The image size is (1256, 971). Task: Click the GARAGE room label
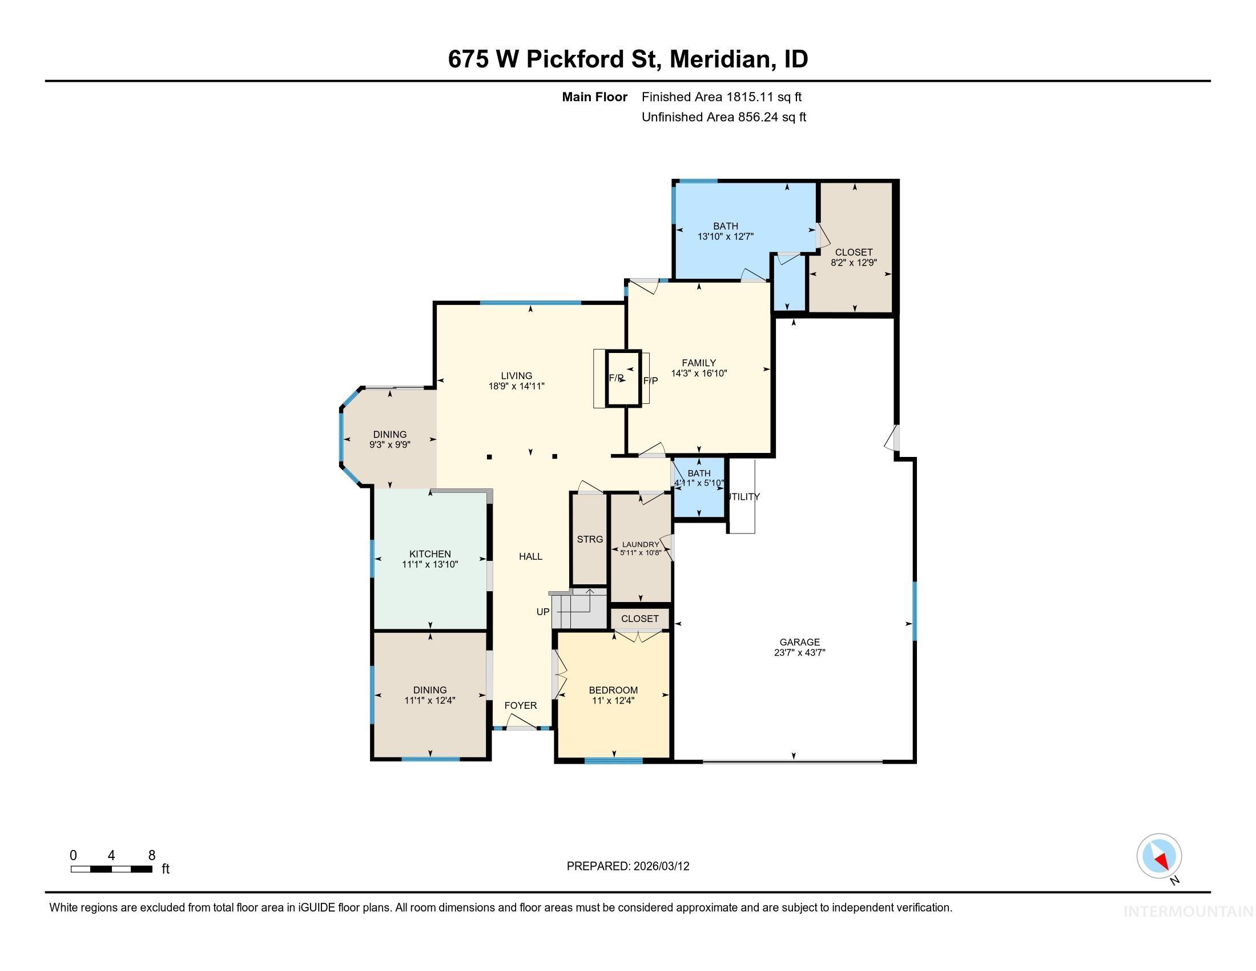(x=799, y=642)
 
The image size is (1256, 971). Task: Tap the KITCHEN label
(x=429, y=554)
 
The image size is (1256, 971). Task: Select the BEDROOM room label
(x=613, y=690)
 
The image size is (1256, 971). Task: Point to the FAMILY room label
(x=699, y=362)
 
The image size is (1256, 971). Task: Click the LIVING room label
(x=516, y=376)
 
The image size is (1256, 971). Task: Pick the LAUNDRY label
(x=641, y=544)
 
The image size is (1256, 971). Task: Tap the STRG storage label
(x=590, y=539)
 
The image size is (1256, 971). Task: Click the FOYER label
(x=521, y=705)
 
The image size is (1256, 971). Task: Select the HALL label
(x=530, y=556)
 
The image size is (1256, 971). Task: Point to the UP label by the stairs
(x=543, y=612)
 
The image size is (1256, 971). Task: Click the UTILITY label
(x=744, y=496)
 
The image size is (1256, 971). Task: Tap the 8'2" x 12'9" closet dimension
(x=854, y=262)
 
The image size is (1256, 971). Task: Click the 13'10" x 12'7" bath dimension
(x=725, y=236)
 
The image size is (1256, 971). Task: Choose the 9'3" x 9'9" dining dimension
(x=389, y=444)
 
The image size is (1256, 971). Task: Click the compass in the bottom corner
(x=1159, y=857)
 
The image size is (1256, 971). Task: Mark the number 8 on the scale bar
(x=152, y=855)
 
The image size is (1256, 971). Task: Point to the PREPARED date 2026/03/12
(x=661, y=866)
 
